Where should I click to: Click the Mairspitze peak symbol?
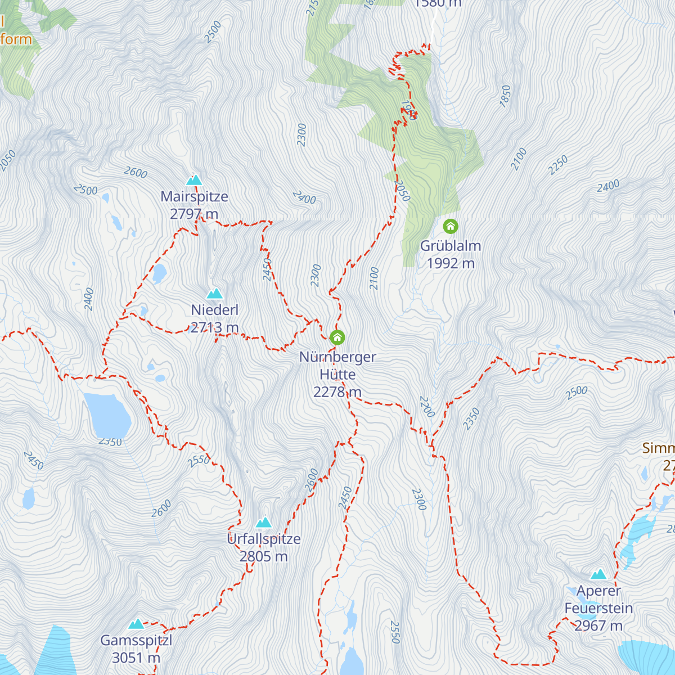pos(194,181)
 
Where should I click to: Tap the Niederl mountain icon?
pos(214,294)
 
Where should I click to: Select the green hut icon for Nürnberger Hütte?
pos(337,337)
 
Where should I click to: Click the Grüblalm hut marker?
pos(450,227)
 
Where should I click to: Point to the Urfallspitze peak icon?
pos(263,523)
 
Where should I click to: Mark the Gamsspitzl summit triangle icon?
pos(136,624)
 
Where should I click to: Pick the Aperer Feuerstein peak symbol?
pos(598,574)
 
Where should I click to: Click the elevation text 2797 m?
pos(194,214)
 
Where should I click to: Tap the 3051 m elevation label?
pos(136,658)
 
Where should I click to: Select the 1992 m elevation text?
pos(451,263)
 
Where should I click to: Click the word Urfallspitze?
pos(264,539)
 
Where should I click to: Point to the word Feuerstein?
pos(598,608)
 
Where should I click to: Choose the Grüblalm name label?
pos(451,246)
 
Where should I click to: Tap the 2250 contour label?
pos(558,165)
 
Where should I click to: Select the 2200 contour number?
pos(427,407)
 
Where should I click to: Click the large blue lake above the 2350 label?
pos(107,415)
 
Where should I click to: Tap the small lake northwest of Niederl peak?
pos(159,273)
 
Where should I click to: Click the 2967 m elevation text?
pos(598,625)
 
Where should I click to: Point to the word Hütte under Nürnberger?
pos(337,374)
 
